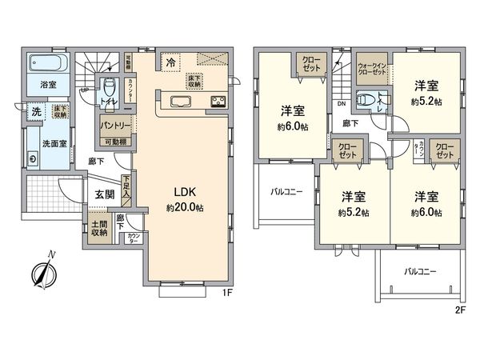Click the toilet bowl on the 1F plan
click(110, 87)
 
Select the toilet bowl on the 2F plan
click(366, 100)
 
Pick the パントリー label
click(115, 126)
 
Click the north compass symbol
click(41, 272)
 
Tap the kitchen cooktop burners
click(217, 101)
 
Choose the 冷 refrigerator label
click(171, 60)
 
